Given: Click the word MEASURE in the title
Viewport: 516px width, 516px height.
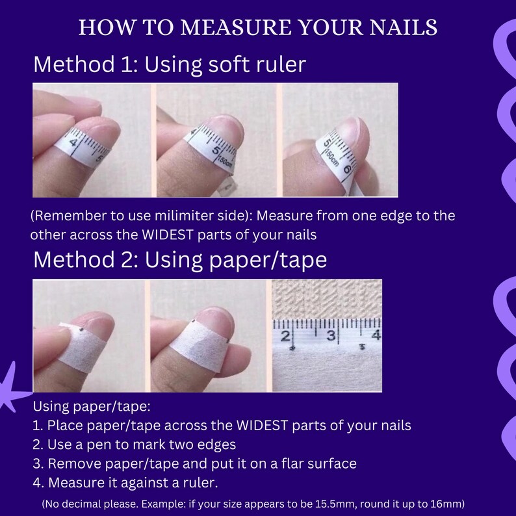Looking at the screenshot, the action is pyautogui.click(x=236, y=27).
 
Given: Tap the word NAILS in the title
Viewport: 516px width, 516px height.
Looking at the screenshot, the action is pyautogui.click(x=403, y=27).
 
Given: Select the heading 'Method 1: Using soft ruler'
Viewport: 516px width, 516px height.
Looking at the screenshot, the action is pyautogui.click(x=170, y=64).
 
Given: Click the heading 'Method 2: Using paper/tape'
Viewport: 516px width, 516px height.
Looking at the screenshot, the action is pyautogui.click(x=180, y=260).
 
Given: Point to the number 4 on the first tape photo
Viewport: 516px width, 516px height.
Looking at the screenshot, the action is pyautogui.click(x=73, y=143).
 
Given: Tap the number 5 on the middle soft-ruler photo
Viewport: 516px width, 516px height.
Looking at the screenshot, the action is pyautogui.click(x=216, y=150).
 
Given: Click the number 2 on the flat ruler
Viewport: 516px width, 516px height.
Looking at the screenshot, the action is pyautogui.click(x=285, y=337).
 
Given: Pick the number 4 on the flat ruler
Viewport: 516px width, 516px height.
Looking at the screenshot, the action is pyautogui.click(x=376, y=335).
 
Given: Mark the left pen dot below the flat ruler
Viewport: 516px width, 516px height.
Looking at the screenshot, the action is pyautogui.click(x=292, y=348).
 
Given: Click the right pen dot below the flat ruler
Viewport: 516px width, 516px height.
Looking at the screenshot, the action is pyautogui.click(x=363, y=346).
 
